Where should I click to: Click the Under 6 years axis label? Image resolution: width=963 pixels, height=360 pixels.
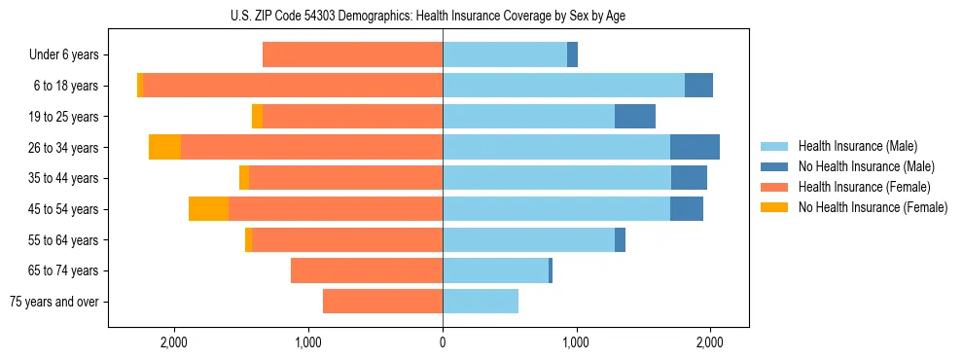pyautogui.click(x=63, y=55)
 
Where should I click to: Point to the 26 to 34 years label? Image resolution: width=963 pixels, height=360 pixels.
pyautogui.click(x=64, y=148)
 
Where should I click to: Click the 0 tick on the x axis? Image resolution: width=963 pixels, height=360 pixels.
pyautogui.click(x=443, y=342)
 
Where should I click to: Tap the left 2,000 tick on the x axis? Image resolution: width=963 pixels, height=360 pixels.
pyautogui.click(x=174, y=342)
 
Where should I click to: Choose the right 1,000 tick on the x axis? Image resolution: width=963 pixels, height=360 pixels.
pyautogui.click(x=576, y=342)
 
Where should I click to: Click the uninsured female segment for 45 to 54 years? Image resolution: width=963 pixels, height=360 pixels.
pyautogui.click(x=208, y=209)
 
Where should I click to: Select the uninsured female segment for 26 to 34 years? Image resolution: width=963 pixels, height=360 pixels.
pyautogui.click(x=164, y=148)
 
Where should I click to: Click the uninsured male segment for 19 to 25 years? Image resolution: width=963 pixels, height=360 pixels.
pyautogui.click(x=635, y=117)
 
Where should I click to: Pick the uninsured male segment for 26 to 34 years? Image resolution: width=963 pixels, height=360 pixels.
pyautogui.click(x=695, y=148)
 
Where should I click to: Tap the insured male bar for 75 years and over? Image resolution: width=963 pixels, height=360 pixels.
pyautogui.click(x=481, y=302)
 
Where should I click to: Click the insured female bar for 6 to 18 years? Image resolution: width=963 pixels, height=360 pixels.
pyautogui.click(x=293, y=86)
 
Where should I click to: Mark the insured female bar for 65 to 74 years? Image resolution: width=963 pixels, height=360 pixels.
pyautogui.click(x=367, y=270)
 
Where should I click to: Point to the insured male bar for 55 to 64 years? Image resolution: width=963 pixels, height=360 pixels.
pyautogui.click(x=528, y=240)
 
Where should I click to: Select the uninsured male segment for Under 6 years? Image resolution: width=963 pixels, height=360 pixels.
pyautogui.click(x=572, y=55)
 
